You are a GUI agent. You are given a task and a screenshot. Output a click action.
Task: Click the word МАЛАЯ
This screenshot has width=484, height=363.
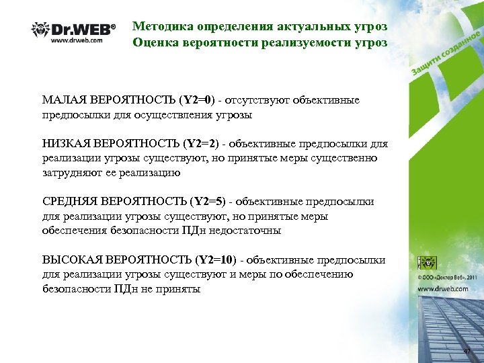click(x=63, y=100)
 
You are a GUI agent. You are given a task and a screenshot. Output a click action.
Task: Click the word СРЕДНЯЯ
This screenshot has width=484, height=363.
click(x=70, y=201)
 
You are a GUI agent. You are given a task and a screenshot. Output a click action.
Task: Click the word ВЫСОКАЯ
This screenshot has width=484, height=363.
click(x=71, y=259)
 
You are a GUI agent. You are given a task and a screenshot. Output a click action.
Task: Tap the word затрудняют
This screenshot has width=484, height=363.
click(x=72, y=173)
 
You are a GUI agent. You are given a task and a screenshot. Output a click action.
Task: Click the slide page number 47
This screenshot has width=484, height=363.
click(x=469, y=352)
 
